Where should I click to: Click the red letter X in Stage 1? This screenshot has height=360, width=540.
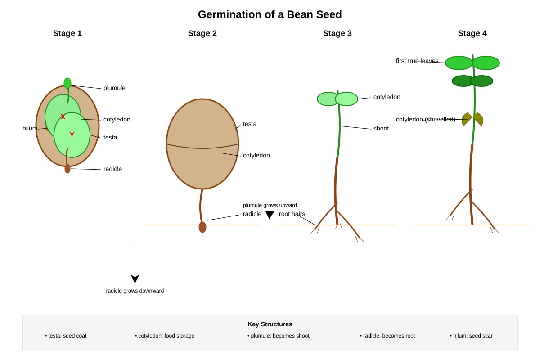(x=63, y=117)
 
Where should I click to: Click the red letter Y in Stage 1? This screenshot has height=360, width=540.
(x=72, y=135)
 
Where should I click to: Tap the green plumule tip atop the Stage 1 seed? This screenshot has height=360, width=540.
(x=67, y=83)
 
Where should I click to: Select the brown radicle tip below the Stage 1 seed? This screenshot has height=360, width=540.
(x=67, y=169)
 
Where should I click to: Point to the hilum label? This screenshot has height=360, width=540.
(x=30, y=129)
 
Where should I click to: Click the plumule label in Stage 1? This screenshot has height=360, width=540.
(x=114, y=88)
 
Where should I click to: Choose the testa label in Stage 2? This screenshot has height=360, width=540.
(x=249, y=124)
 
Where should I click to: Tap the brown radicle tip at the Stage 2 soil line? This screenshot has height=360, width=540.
(x=202, y=227)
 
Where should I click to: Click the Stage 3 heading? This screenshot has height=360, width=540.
(x=337, y=33)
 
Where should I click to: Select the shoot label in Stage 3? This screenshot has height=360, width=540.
(x=381, y=129)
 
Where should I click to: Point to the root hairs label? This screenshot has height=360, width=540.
(x=292, y=214)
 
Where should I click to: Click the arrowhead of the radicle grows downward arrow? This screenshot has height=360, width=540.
(x=135, y=279)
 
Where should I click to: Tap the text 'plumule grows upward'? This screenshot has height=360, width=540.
(x=270, y=205)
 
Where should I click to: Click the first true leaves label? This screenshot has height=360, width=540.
(x=417, y=61)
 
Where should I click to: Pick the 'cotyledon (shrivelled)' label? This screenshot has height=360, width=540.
(x=426, y=119)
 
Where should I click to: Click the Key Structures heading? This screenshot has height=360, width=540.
(x=270, y=324)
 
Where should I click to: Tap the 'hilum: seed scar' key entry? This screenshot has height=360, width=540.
(x=471, y=336)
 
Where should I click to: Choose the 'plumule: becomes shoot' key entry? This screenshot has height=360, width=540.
(x=279, y=336)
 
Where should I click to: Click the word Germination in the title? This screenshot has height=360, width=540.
(x=229, y=14)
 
